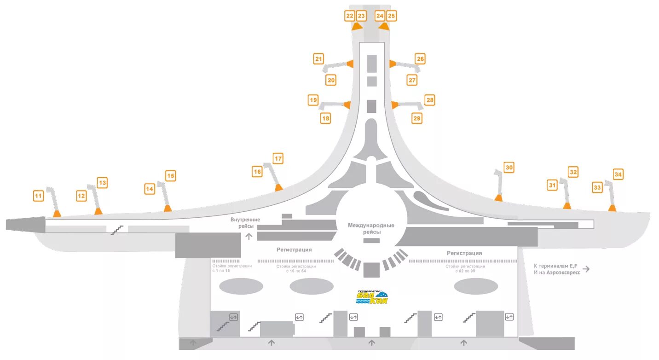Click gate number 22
[x=350, y=16]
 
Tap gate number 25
[x=391, y=16]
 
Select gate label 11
[x=39, y=196]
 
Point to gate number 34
[x=618, y=174]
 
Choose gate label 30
[x=509, y=168]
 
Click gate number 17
[x=278, y=159]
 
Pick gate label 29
[x=417, y=118]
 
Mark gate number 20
[x=331, y=80]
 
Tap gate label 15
[x=171, y=175]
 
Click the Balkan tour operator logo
[x=372, y=297]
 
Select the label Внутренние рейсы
[x=245, y=223]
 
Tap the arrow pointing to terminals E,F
[x=586, y=269]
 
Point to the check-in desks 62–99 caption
[x=465, y=268]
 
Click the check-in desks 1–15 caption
[x=231, y=268]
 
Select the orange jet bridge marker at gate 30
[x=498, y=198]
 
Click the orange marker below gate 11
[x=57, y=213]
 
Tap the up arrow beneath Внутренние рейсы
[x=249, y=237]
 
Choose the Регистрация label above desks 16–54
[x=294, y=250]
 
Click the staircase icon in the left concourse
[x=117, y=229]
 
